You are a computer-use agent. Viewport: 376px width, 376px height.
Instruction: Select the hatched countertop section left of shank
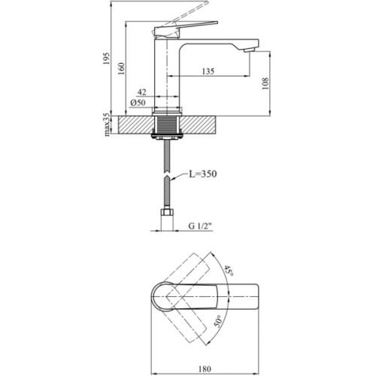pyautogui.click(x=135, y=123)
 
